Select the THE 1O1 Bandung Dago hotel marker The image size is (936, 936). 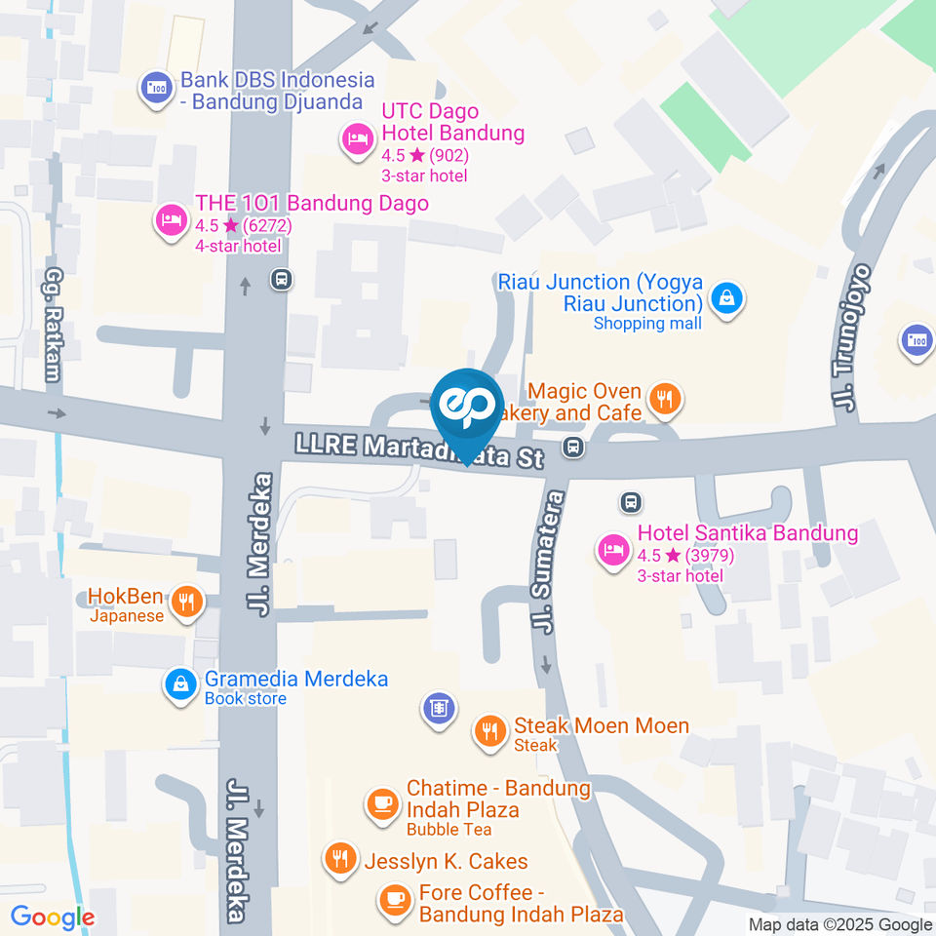coord(172,218)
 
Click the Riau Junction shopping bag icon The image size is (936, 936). coord(726,298)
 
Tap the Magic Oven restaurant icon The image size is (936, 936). coord(665,398)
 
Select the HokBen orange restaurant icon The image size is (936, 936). coord(185,602)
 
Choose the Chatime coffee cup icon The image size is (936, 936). coord(381,803)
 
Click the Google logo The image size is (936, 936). coord(52,917)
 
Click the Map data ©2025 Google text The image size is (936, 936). coord(840,924)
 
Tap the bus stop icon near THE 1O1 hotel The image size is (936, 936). coord(282,279)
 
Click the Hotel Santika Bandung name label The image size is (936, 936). coord(747,533)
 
